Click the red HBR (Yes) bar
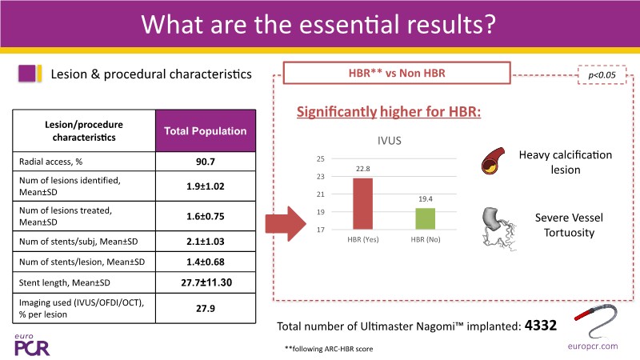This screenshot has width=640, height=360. (362, 204)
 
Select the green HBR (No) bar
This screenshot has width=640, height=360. (425, 218)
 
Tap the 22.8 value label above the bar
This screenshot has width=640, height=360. (363, 169)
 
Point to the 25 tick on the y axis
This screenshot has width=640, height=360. (321, 158)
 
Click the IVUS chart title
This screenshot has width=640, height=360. (389, 141)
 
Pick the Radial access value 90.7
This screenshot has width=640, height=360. (206, 162)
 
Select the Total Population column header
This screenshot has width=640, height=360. (206, 130)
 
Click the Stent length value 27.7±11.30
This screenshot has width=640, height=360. (206, 282)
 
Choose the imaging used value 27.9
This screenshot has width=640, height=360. (206, 309)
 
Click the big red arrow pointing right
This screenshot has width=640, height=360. (286, 224)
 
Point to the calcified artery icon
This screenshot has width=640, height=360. (493, 162)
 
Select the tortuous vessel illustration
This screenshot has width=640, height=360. (498, 229)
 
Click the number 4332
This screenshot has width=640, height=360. (541, 326)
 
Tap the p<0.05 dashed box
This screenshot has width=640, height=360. (602, 75)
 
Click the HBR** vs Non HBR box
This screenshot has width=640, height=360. (397, 73)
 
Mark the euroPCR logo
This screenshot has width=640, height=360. (32, 346)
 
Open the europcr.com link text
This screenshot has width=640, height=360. (593, 346)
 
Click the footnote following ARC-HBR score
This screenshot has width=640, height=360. (329, 349)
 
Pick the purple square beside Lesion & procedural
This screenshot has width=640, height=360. (27, 74)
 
